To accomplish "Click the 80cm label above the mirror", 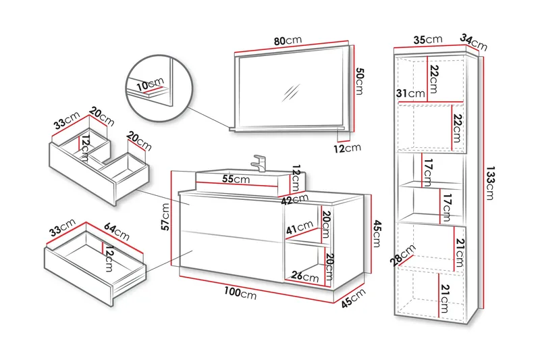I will [x=288, y=41].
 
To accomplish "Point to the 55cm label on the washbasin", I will [x=236, y=179].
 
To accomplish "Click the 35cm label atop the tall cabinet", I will [x=428, y=40].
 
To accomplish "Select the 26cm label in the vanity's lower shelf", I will [x=304, y=276].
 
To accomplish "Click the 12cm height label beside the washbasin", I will [x=294, y=180].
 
